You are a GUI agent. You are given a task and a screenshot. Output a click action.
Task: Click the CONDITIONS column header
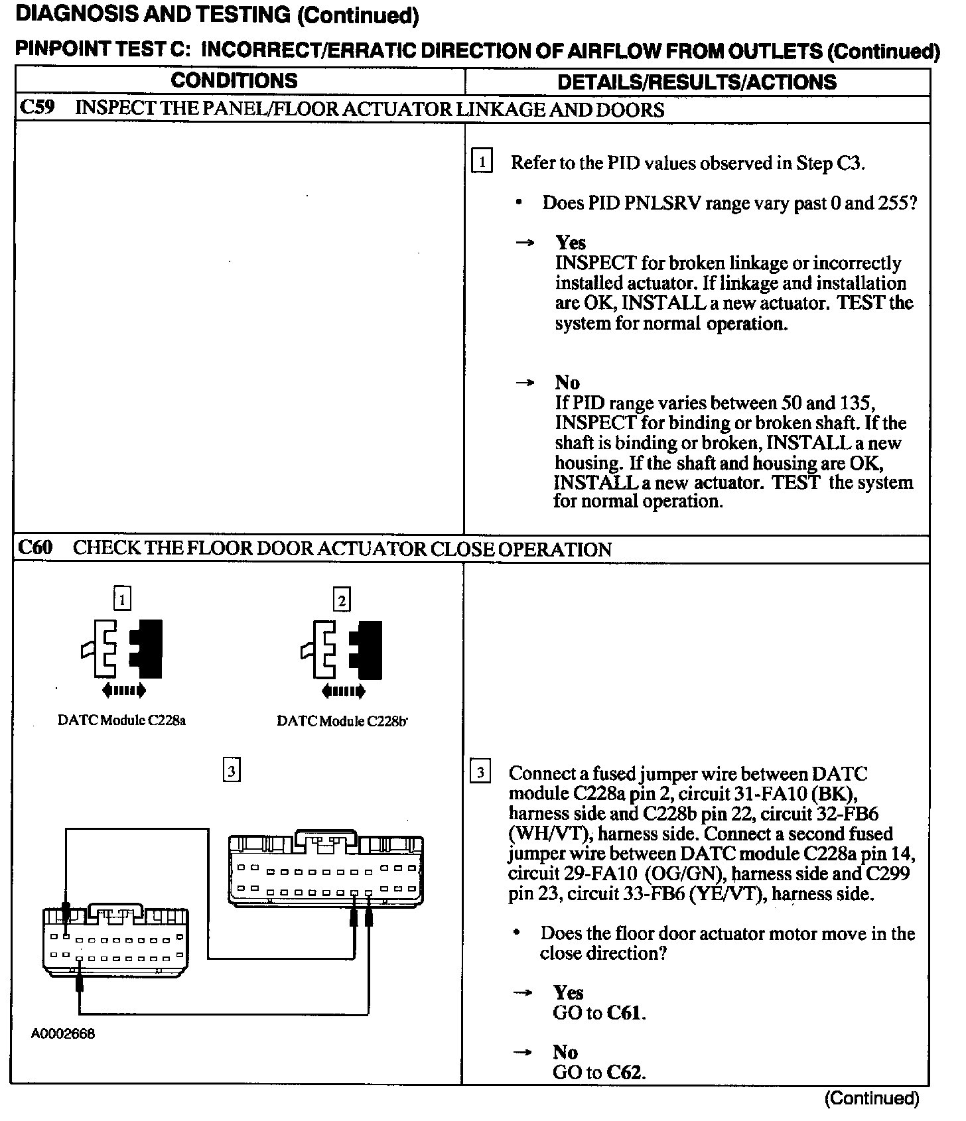click(234, 81)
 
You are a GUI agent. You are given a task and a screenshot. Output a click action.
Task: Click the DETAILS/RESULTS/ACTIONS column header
click(697, 82)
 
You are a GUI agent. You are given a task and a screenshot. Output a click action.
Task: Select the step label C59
click(37, 108)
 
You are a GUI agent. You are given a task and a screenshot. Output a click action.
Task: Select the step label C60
click(35, 548)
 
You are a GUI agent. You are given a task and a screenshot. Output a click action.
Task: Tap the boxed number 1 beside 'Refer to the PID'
click(481, 162)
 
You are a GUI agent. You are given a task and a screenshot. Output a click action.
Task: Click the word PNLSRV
click(662, 203)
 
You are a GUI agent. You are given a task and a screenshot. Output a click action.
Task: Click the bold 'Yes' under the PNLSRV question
click(571, 242)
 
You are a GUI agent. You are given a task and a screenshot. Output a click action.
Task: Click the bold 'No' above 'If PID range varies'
click(567, 383)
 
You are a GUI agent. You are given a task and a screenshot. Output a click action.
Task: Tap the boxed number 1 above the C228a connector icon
click(122, 599)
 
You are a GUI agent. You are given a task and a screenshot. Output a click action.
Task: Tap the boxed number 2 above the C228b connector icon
click(342, 600)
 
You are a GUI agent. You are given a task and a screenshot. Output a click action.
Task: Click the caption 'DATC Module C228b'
click(342, 721)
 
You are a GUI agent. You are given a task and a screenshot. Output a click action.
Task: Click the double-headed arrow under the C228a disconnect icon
click(124, 691)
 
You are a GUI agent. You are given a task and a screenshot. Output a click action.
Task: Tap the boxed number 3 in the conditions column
click(231, 770)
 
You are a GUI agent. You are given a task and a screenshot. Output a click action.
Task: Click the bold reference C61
click(625, 1013)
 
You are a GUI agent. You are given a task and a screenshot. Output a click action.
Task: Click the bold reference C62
click(625, 1072)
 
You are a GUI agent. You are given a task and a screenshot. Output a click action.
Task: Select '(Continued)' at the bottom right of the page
click(872, 1098)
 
